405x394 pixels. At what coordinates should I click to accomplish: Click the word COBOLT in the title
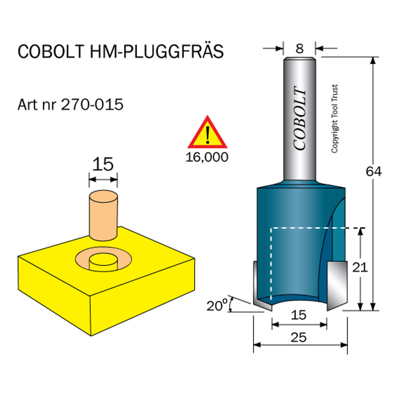pyautogui.click(x=51, y=51)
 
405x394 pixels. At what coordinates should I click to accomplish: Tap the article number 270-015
pyautogui.click(x=92, y=105)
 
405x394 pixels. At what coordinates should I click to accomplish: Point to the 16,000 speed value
pyautogui.click(x=207, y=157)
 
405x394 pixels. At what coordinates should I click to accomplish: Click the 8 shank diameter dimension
pyautogui.click(x=300, y=48)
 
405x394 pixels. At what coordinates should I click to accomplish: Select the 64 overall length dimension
pyautogui.click(x=373, y=171)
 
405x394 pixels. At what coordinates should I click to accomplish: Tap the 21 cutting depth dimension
pyautogui.click(x=360, y=267)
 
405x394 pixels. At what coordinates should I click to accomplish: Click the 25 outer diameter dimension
pyautogui.click(x=299, y=337)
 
